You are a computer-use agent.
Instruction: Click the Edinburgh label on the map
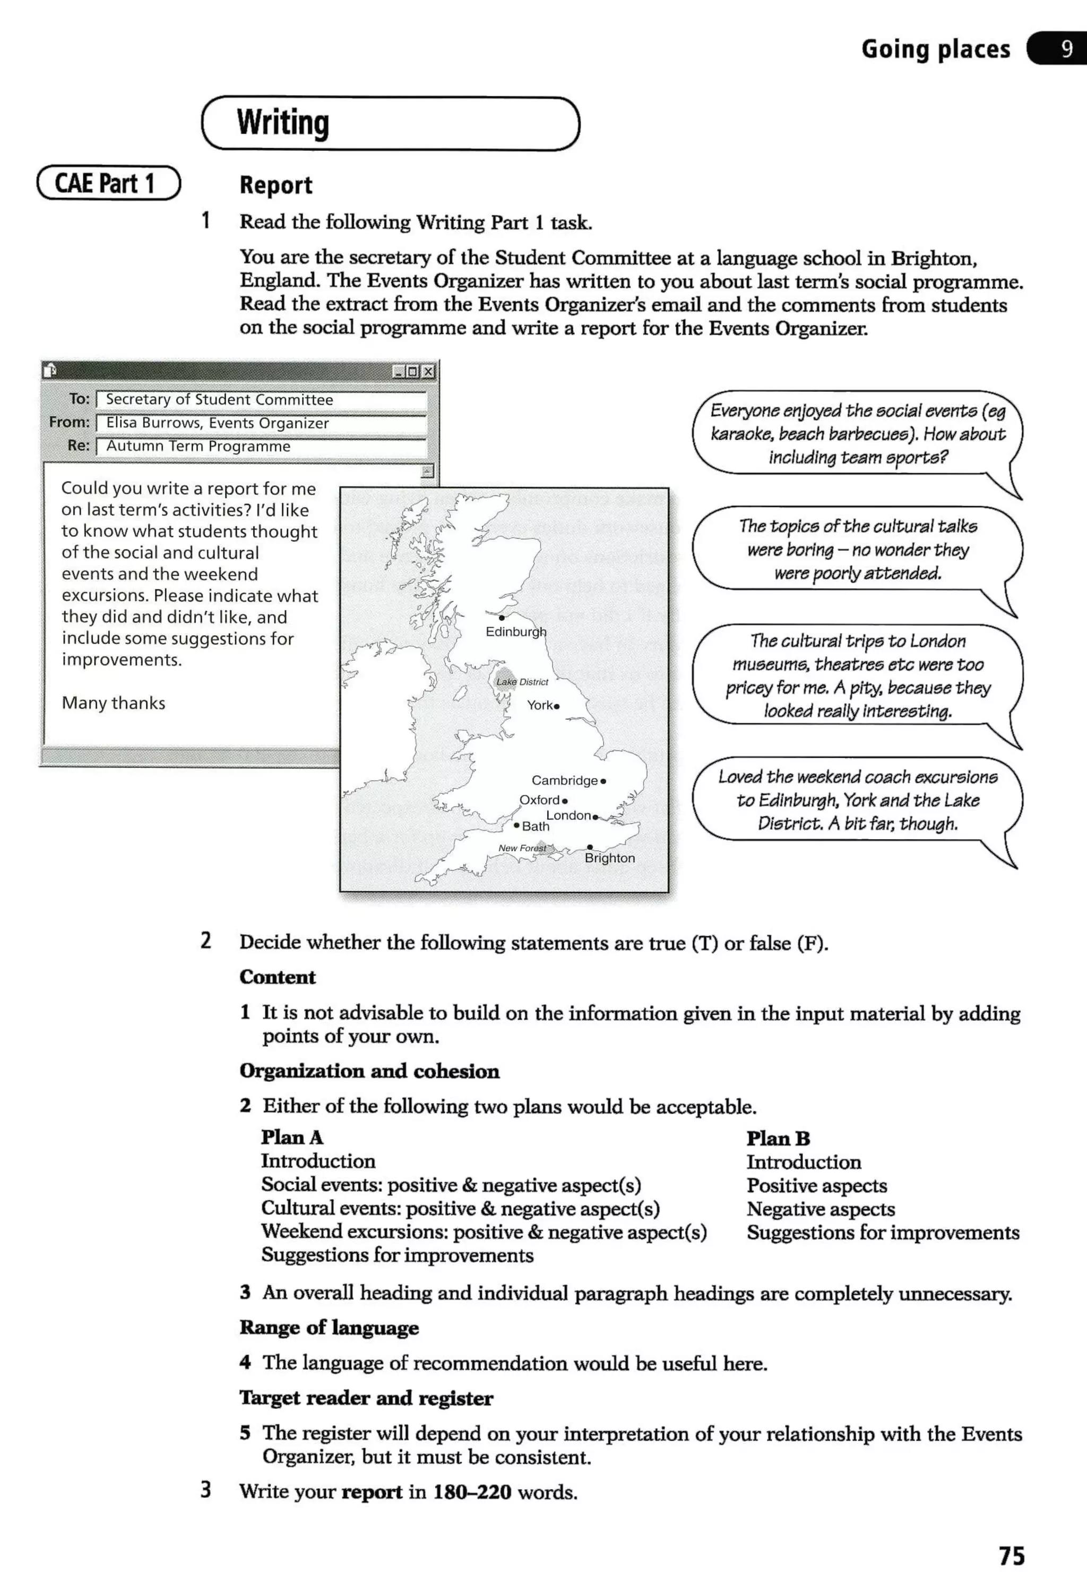tap(515, 631)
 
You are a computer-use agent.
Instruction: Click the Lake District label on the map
tap(522, 682)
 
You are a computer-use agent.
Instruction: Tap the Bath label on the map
tap(536, 826)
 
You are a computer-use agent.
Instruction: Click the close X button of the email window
tap(428, 371)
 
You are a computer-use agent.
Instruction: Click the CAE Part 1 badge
tap(108, 183)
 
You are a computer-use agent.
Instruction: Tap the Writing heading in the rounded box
tap(283, 123)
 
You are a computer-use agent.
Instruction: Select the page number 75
tap(1012, 1555)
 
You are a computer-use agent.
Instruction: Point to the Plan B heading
tap(778, 1138)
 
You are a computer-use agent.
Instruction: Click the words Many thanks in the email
tap(114, 703)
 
